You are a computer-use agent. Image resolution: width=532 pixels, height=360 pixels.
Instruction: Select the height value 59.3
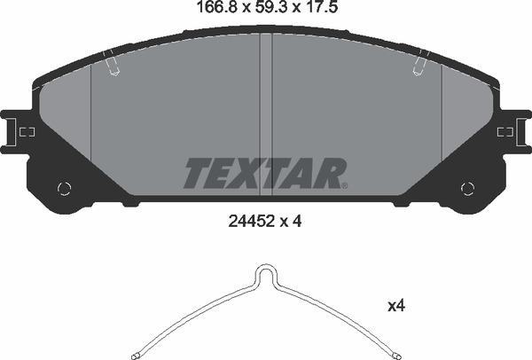click(x=265, y=11)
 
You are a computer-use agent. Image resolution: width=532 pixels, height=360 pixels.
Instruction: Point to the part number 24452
click(x=246, y=223)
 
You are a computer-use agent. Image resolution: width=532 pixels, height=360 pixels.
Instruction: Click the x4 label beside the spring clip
click(x=395, y=306)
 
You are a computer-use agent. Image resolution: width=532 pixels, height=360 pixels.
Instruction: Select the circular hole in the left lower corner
click(x=63, y=187)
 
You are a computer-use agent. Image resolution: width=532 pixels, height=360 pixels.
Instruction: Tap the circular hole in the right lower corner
click(x=468, y=187)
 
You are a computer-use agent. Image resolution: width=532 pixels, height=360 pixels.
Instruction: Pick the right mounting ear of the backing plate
click(x=513, y=132)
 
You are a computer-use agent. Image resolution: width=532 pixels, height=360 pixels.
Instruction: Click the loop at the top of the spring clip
click(x=265, y=273)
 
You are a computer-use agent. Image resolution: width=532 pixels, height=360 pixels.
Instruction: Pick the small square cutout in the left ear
click(x=27, y=132)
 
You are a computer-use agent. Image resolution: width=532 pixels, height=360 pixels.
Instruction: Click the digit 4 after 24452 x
click(x=298, y=223)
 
